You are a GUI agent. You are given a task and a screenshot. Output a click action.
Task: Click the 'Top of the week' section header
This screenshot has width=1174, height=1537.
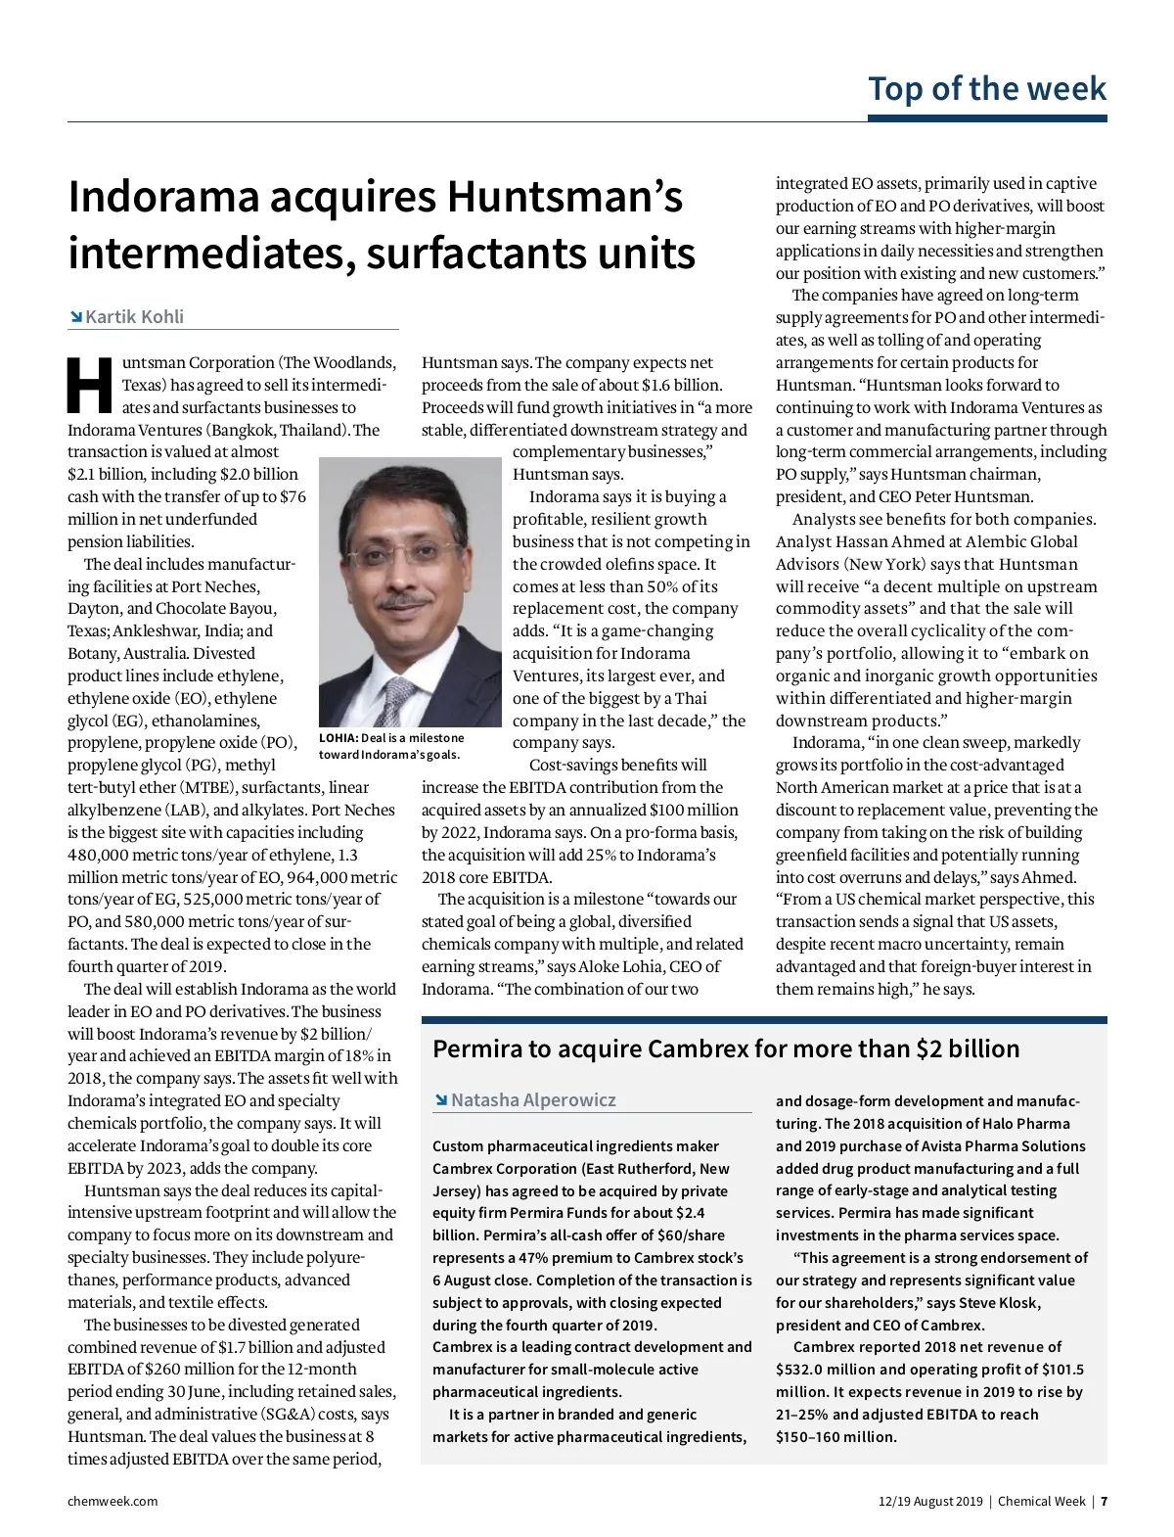coord(986,89)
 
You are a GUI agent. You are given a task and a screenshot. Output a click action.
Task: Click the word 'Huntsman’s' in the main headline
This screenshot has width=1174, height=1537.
coord(564,197)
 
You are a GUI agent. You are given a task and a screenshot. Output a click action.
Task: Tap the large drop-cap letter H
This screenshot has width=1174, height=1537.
coord(90,386)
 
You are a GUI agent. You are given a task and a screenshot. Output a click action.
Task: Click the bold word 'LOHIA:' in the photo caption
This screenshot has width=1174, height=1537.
coord(339,738)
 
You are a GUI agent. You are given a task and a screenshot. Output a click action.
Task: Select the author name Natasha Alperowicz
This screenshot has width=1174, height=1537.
coord(533,1100)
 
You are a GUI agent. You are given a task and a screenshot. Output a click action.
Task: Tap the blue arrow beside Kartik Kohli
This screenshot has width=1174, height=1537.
coord(75,317)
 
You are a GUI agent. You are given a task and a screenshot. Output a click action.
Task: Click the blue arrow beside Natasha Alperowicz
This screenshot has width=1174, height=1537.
coord(440,1100)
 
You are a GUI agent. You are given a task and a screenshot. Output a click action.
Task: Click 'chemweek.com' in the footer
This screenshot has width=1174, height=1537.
coord(113,1501)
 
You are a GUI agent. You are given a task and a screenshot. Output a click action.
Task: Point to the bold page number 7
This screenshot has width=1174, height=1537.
coord(1103,1501)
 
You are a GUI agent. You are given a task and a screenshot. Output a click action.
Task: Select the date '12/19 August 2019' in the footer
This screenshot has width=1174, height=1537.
coord(929,1501)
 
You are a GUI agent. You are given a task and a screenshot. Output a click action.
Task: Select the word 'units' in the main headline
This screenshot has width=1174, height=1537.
coord(640,254)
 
